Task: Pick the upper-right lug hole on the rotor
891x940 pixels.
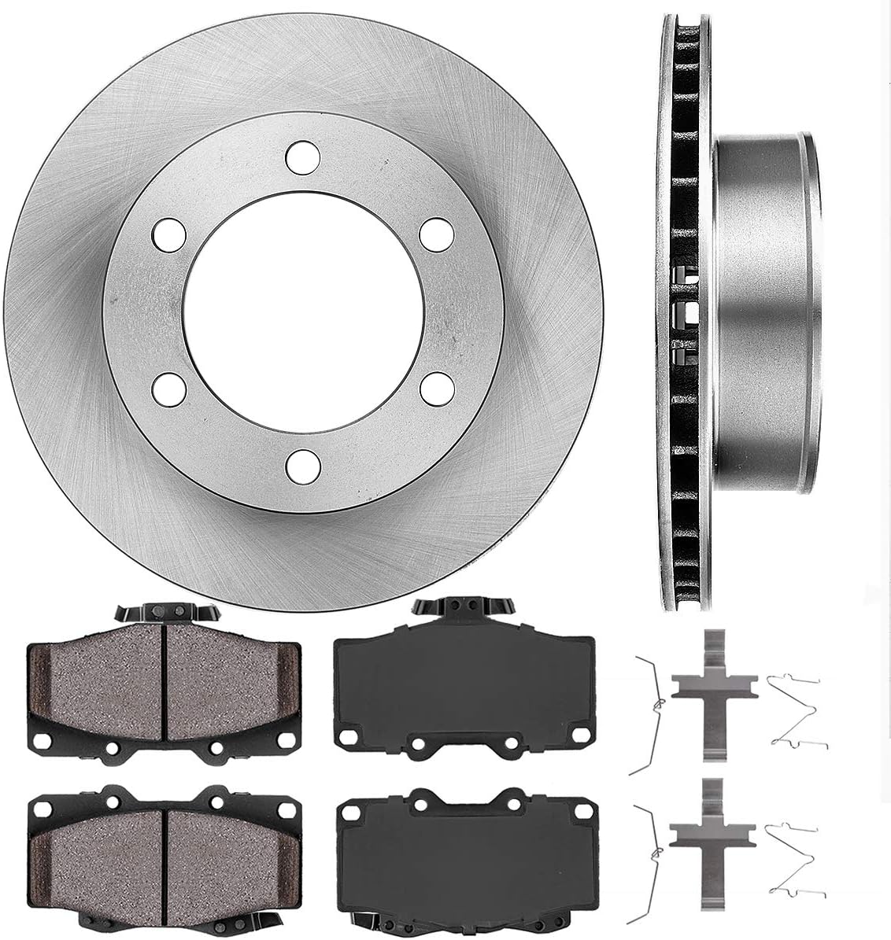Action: [x=432, y=234]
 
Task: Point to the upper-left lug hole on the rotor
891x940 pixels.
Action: [x=168, y=234]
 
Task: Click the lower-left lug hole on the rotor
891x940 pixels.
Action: [x=168, y=388]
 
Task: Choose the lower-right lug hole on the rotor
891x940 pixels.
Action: [x=432, y=388]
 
